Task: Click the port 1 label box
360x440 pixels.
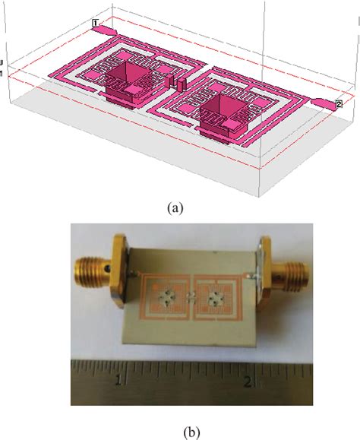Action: pos(96,23)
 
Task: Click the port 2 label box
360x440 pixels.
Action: pos(339,104)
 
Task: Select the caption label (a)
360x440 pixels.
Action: pos(175,208)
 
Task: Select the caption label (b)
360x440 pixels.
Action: pos(191,432)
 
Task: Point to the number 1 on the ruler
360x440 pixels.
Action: pos(118,380)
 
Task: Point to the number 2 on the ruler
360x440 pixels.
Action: pos(248,381)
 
